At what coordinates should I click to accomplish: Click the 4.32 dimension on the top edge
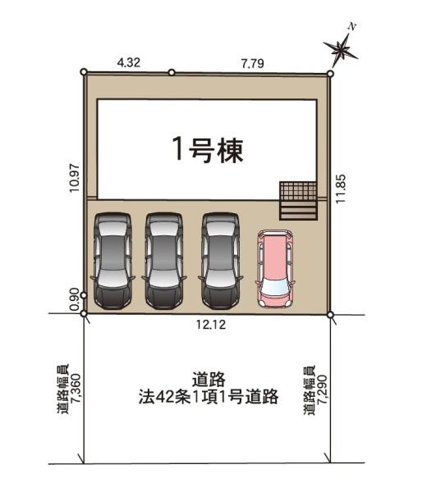click(x=128, y=62)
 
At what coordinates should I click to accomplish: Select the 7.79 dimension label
click(x=253, y=64)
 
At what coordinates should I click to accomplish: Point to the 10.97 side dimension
click(x=76, y=179)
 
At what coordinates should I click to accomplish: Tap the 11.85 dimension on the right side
click(x=341, y=189)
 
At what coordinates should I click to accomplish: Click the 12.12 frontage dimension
click(x=211, y=325)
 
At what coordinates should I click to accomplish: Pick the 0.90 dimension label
click(x=75, y=299)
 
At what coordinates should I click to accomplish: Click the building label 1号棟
click(x=208, y=150)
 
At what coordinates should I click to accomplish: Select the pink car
click(x=275, y=269)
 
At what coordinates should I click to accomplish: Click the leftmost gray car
click(x=112, y=261)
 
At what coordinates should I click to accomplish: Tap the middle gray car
click(x=164, y=261)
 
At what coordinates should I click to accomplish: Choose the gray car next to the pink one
click(x=221, y=261)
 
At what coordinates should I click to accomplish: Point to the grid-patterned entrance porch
click(x=298, y=191)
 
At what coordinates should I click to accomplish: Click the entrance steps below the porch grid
click(x=298, y=210)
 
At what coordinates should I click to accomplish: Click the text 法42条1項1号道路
click(x=209, y=397)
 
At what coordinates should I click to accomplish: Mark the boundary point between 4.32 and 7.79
click(x=172, y=72)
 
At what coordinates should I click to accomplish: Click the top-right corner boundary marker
click(x=330, y=74)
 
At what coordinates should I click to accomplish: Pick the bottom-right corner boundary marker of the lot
click(x=330, y=314)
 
